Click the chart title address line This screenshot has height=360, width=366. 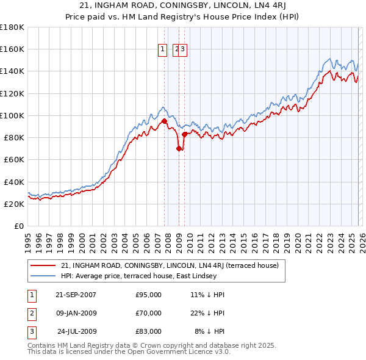[x=183, y=5]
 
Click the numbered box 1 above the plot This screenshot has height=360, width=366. [x=163, y=50]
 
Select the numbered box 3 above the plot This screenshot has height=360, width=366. [x=182, y=50]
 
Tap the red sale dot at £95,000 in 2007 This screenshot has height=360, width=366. [x=164, y=121]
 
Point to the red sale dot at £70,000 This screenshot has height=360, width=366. [x=179, y=148]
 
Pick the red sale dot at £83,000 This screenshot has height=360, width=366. [x=184, y=134]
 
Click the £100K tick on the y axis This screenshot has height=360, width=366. [x=12, y=115]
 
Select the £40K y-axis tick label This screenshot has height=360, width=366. [x=13, y=182]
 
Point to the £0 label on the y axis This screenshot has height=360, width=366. [x=18, y=226]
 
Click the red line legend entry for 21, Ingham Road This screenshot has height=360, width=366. [x=170, y=265]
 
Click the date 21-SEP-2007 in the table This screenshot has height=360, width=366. [x=76, y=295]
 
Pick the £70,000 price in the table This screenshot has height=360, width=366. [x=148, y=313]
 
